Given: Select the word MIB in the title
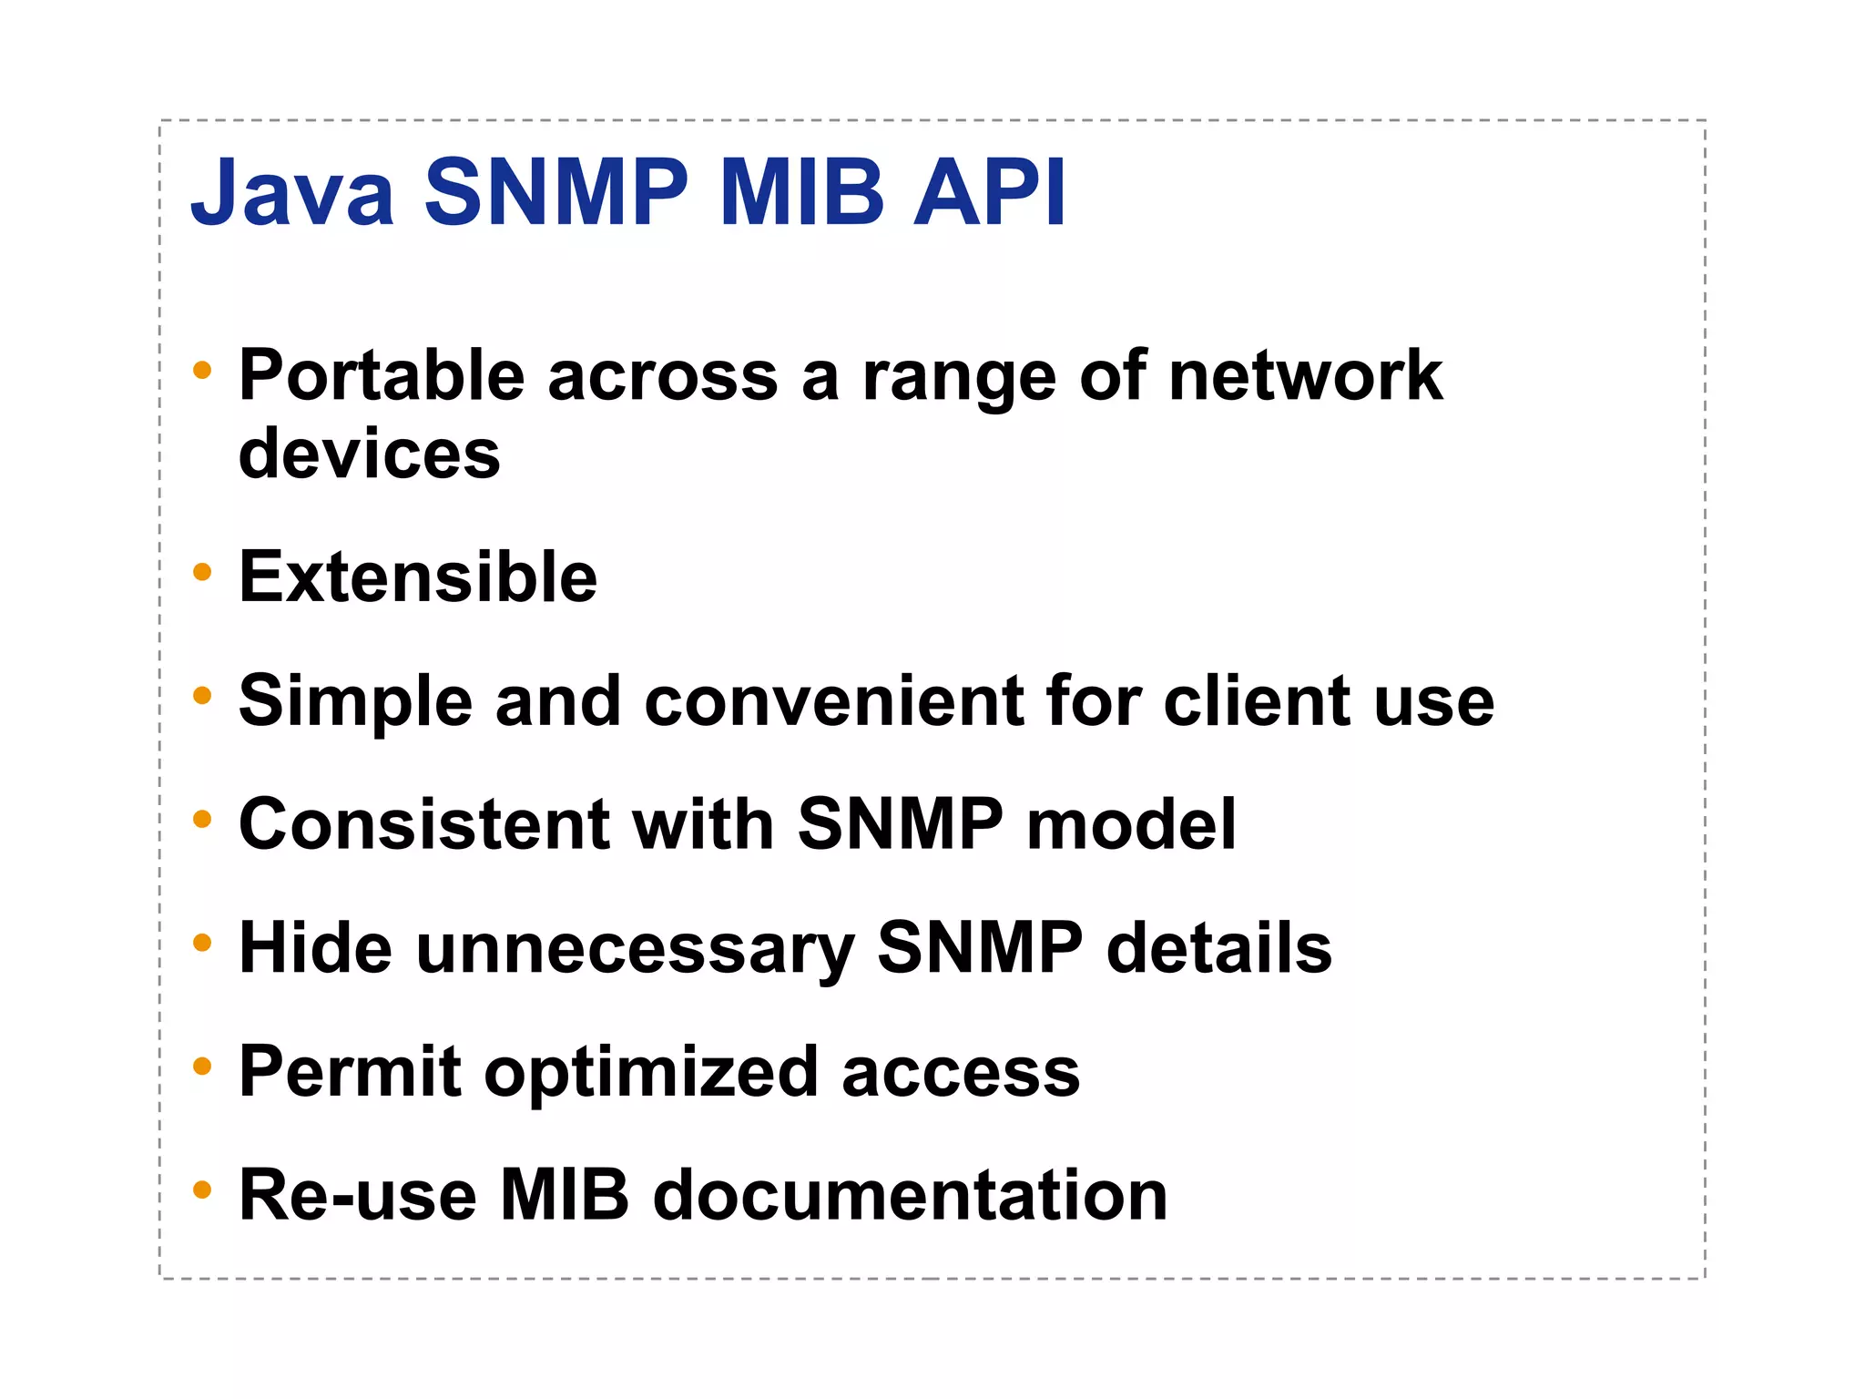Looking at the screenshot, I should (x=801, y=193).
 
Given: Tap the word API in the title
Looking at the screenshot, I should (x=989, y=193).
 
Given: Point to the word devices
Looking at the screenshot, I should (x=369, y=454).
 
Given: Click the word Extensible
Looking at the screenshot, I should (x=417, y=577).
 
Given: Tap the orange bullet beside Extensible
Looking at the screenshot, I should (x=202, y=573).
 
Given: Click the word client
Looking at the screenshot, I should (x=1257, y=701).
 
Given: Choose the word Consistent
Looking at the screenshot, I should (x=423, y=824).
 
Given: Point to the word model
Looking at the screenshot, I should (x=1131, y=824).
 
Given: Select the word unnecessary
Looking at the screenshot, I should (x=635, y=949).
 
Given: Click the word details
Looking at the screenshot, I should (x=1218, y=947).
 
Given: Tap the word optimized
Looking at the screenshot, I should (x=651, y=1073).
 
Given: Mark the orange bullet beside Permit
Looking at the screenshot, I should (x=202, y=1066).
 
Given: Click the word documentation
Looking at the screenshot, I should (x=910, y=1195).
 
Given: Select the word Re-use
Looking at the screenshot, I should (x=357, y=1195).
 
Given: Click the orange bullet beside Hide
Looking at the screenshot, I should (x=202, y=943).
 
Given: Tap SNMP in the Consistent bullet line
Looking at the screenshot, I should (x=900, y=824).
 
